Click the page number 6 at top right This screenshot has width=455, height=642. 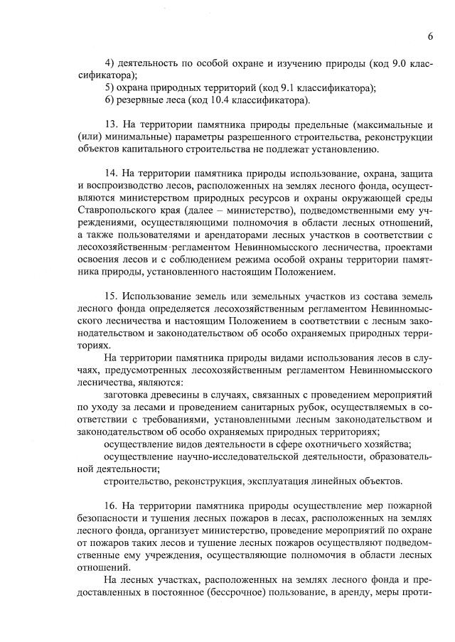(x=431, y=37)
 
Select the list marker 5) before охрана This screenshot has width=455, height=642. (x=109, y=88)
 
